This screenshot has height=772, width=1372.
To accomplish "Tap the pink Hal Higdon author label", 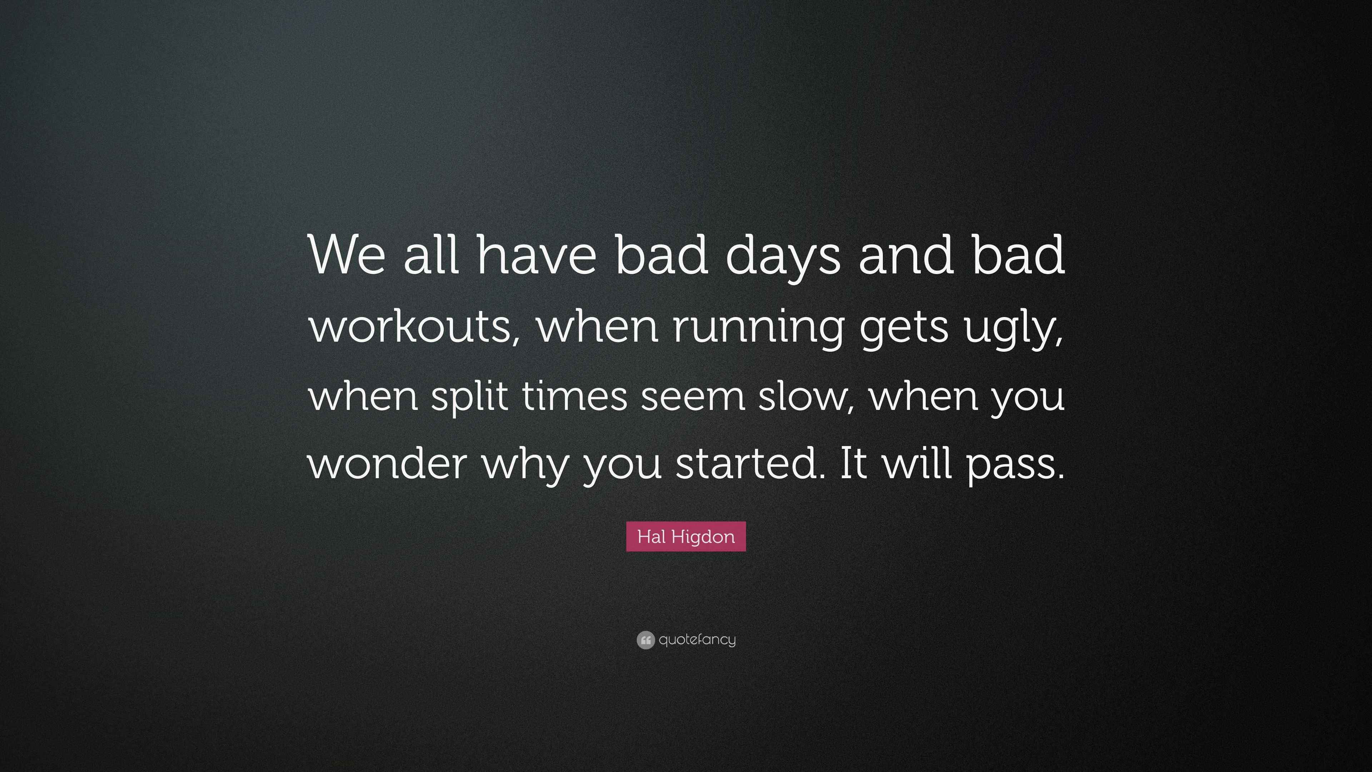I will click(x=686, y=536).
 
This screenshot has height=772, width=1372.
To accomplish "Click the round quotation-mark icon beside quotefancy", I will click(x=646, y=640).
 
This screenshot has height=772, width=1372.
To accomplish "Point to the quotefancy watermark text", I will click(x=697, y=639).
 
